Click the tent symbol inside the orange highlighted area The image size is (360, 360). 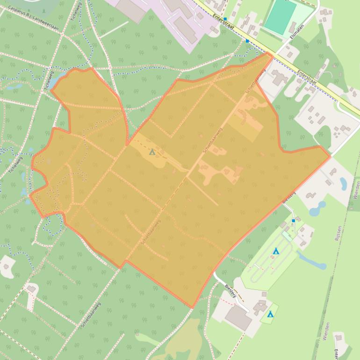pos(151,152)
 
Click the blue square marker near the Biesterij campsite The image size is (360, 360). pos(293,221)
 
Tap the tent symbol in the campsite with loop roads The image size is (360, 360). pos(276,252)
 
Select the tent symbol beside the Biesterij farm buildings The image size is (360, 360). pos(270,315)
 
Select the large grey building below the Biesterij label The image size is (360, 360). pos(238,318)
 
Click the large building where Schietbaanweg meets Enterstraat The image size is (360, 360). pos(279,77)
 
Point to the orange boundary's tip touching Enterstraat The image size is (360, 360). pos(270,53)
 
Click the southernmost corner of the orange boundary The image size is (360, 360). pos(192,307)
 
